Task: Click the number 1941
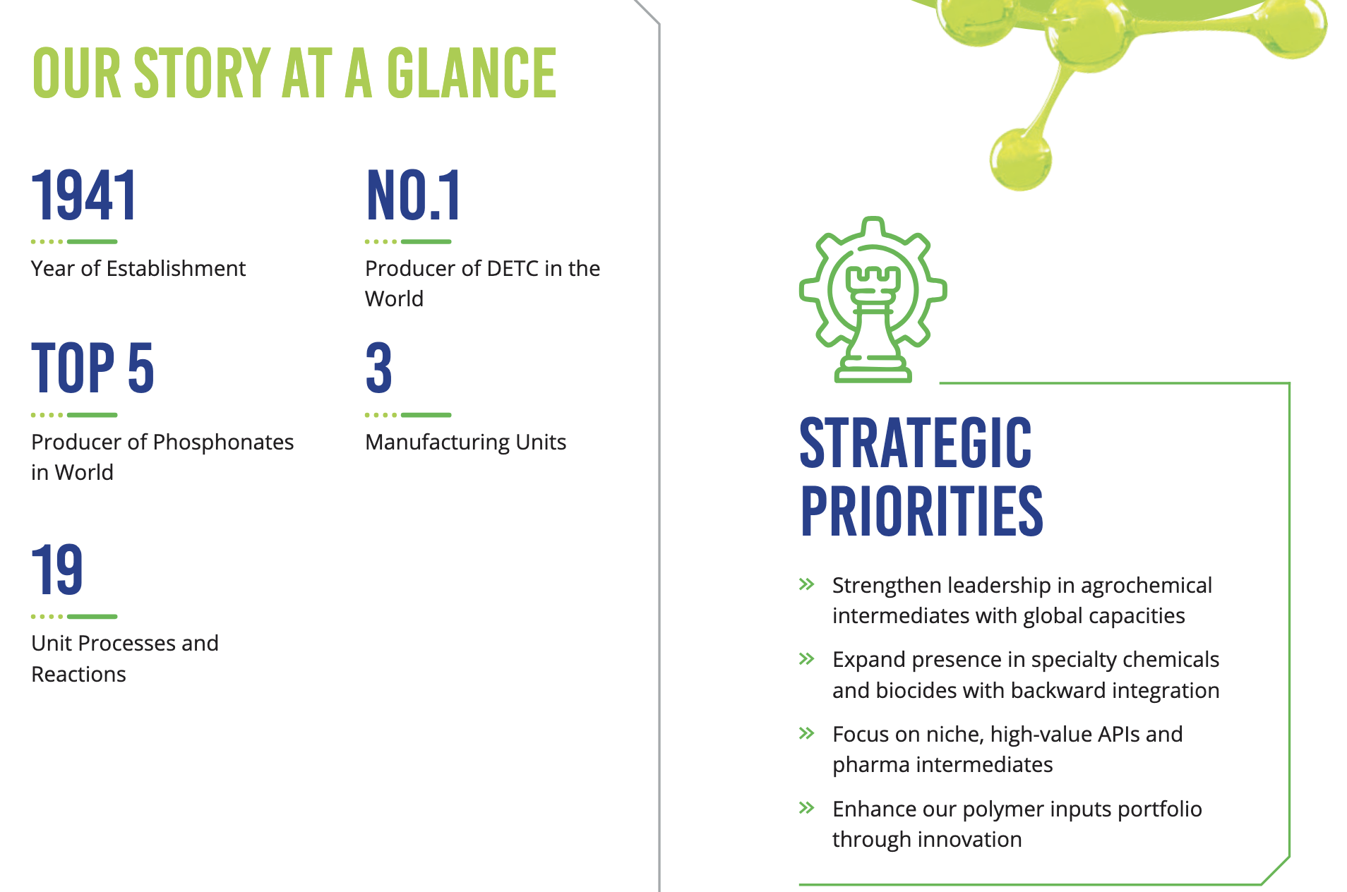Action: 84,195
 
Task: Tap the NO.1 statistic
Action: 414,195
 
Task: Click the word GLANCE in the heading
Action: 472,73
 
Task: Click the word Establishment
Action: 176,268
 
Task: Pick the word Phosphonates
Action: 223,442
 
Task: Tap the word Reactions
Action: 79,674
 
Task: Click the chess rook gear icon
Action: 873,299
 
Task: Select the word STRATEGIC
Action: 916,442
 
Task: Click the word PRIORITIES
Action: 921,511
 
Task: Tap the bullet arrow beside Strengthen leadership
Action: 807,584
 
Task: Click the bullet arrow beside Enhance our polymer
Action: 807,808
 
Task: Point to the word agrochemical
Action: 1146,586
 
